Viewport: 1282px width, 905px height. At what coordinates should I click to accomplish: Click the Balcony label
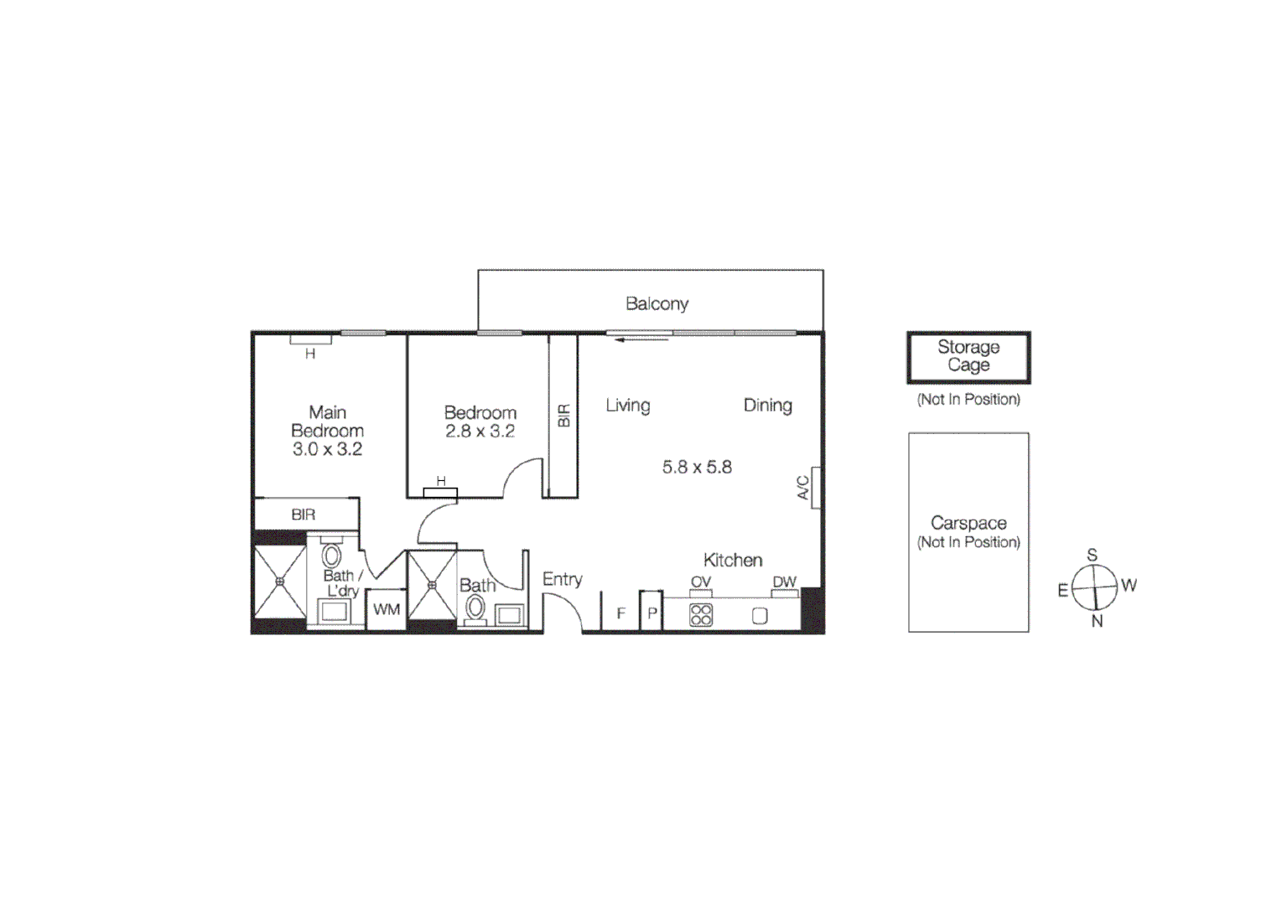tap(657, 303)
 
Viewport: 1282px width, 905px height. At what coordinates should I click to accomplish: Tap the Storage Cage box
tap(968, 356)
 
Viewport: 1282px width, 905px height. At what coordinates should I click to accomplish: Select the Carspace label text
tap(968, 523)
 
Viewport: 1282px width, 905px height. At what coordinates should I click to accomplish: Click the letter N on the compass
tap(1097, 621)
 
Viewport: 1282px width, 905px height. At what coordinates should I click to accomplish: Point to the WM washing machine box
tap(387, 609)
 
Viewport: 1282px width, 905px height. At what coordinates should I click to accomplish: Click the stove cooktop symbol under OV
tap(701, 615)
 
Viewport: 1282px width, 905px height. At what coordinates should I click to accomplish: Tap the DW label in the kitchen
tap(784, 582)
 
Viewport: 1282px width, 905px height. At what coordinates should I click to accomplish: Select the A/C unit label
tap(803, 488)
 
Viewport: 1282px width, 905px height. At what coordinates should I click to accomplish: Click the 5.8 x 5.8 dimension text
tap(697, 467)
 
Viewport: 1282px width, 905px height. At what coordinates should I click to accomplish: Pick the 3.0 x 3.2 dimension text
tap(327, 449)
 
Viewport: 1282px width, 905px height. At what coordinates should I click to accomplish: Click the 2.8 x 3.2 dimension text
tap(480, 432)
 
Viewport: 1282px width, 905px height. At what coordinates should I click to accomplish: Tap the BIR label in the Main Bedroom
tap(304, 515)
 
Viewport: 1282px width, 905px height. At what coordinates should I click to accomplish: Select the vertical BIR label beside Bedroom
tap(563, 416)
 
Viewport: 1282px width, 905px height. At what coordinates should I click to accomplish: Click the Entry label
tap(562, 579)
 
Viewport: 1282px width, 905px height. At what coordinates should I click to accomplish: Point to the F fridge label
tap(620, 613)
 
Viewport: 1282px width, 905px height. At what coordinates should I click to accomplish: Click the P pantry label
tap(651, 614)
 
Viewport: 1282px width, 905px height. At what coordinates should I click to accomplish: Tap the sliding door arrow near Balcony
tap(641, 339)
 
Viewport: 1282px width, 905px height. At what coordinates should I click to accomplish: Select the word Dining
tap(767, 406)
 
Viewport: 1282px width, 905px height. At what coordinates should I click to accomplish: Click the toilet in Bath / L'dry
tap(331, 556)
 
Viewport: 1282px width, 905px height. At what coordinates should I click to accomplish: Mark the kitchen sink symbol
tap(760, 616)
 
